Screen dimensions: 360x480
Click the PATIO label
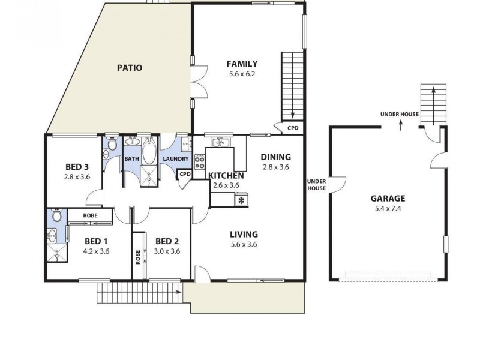coord(129,68)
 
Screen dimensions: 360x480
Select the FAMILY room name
coord(242,64)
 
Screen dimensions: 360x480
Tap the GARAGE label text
coord(387,199)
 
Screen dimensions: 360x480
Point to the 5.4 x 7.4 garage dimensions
coord(387,209)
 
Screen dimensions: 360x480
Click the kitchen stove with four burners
coord(199,161)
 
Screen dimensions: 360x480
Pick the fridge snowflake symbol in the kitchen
coord(242,200)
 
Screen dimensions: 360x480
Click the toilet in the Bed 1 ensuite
coord(56,215)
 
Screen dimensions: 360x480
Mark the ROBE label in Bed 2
coord(139,257)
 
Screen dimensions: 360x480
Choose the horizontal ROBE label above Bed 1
coord(89,214)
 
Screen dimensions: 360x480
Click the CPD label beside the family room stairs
coord(293,128)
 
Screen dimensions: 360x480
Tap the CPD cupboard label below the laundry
coord(185,175)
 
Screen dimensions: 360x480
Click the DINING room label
coord(275,157)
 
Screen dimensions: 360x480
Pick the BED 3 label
coord(77,167)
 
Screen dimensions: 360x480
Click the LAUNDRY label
coord(176,159)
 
